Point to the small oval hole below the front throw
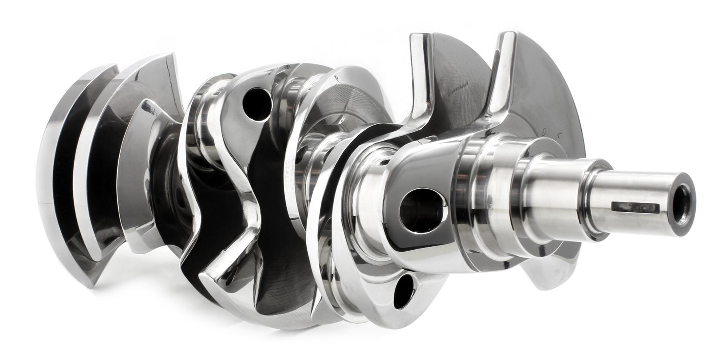tap(402, 289)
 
